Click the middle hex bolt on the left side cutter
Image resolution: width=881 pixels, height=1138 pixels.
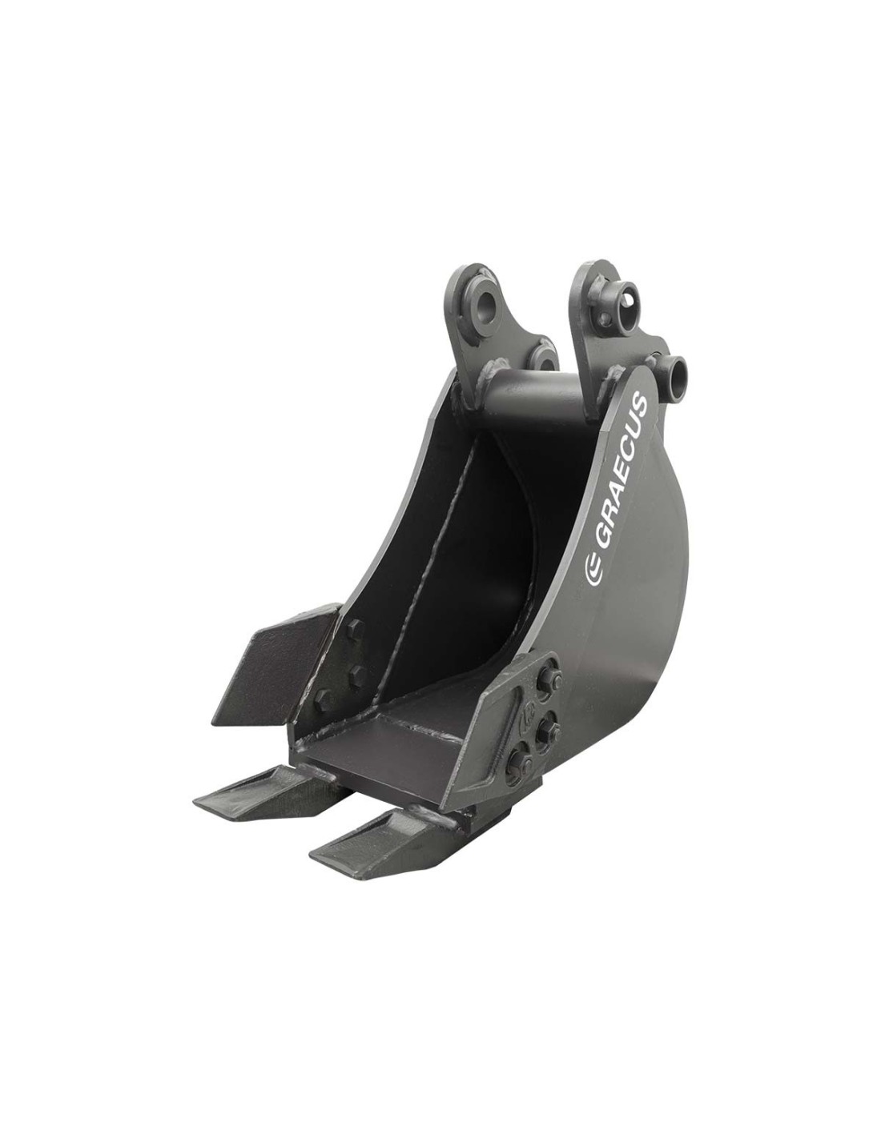point(356,672)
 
